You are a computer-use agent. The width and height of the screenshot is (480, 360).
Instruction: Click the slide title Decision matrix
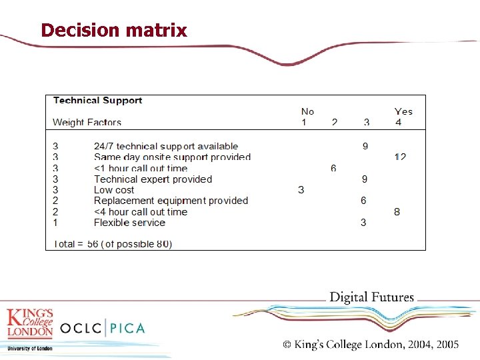pos(114,31)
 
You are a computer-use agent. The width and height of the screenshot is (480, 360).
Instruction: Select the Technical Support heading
pos(97,101)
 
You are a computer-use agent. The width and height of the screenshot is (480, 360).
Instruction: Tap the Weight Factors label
pos(87,122)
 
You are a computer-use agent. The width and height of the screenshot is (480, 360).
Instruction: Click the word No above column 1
pos(307,111)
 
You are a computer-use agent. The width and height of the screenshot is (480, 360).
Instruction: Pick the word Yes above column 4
pos(403,111)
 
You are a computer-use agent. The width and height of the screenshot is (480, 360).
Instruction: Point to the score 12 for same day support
pos(400,157)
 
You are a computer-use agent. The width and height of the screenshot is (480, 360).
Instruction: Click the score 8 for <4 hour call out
pos(397,211)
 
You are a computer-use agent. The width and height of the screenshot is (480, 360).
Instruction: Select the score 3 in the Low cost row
pos(301,190)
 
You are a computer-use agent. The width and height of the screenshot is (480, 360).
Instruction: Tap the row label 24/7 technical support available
pos(166,146)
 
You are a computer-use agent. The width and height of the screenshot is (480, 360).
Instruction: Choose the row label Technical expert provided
pos(153,179)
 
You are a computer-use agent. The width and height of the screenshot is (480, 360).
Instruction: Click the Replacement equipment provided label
pos(171,201)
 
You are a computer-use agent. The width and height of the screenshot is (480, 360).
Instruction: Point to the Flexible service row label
pos(129,222)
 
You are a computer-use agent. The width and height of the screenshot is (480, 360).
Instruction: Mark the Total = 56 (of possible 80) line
pos(113,244)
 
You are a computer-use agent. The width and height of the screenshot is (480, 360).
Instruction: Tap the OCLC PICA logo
pos(102,328)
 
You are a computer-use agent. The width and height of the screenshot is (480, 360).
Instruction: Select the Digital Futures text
pos(372,297)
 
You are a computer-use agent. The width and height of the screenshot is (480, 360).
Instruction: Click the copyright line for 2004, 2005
pos(371,345)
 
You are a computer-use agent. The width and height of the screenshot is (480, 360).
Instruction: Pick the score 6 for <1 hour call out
pos(333,168)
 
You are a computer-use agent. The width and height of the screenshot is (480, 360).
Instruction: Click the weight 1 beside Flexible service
pos(55,222)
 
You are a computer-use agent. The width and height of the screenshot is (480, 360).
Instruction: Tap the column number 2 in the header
pos(335,122)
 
